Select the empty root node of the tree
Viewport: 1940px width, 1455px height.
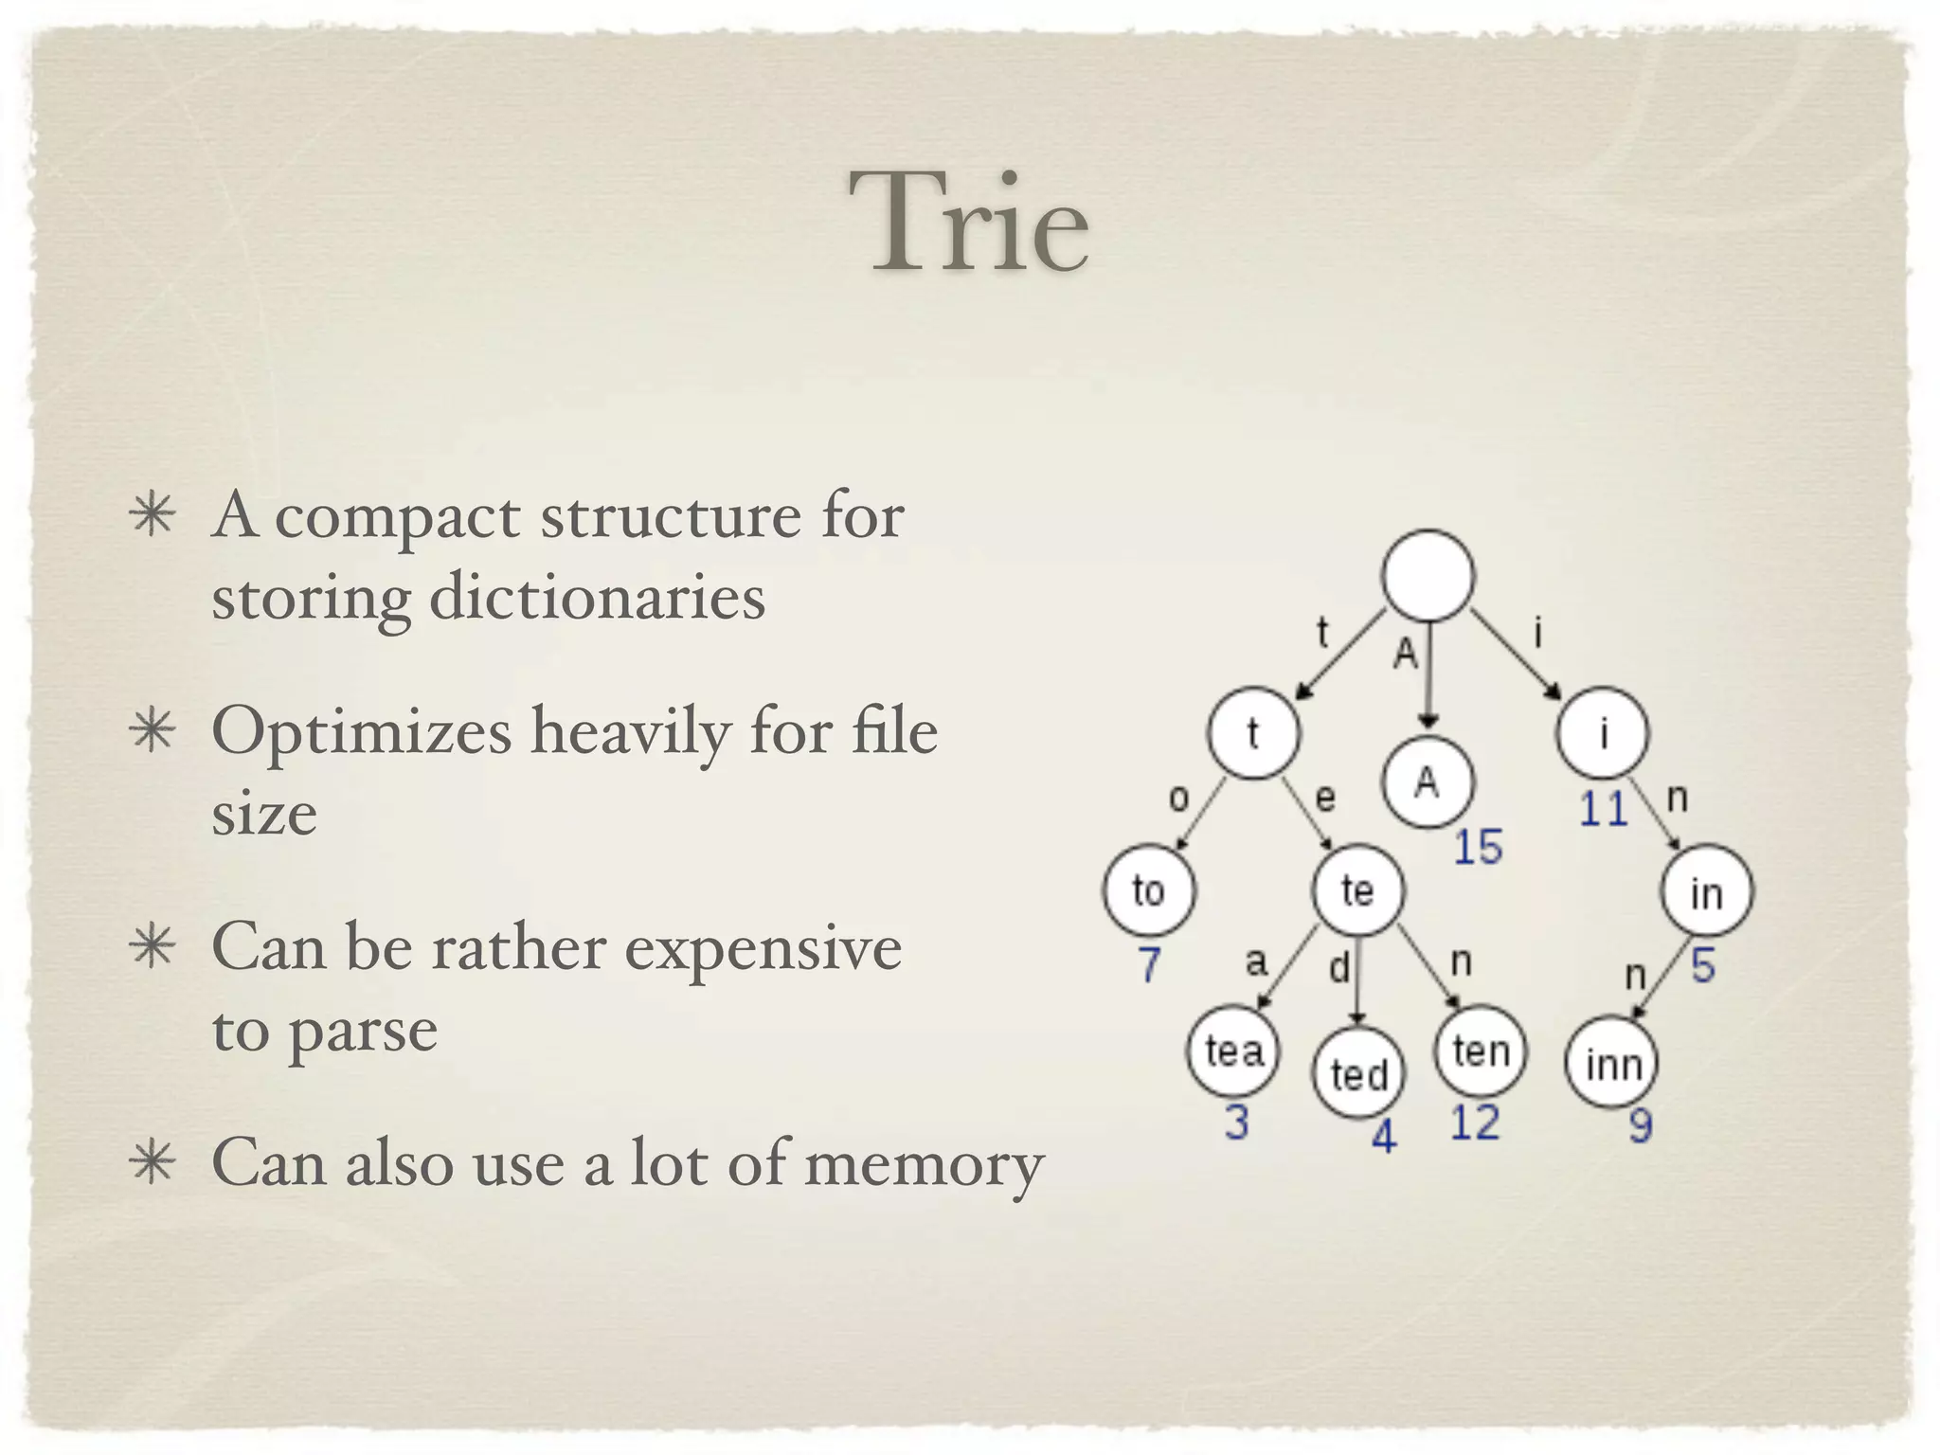1428,575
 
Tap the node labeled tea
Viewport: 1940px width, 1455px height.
1233,1051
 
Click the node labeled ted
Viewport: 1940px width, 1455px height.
1358,1073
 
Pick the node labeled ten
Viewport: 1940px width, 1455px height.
1481,1051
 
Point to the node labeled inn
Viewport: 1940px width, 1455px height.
1612,1064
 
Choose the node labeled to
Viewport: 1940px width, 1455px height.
1149,890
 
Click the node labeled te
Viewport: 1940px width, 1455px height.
1357,890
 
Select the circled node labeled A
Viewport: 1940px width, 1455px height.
1428,782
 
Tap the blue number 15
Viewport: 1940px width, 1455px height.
1478,847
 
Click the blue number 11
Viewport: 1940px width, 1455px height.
1603,810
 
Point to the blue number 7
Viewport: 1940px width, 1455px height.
1149,965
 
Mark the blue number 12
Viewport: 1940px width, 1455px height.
1475,1123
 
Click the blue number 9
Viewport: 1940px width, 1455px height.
1641,1126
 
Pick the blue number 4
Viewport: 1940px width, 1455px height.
1384,1136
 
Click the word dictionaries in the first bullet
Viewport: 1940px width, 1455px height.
597,598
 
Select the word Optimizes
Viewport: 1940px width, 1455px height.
361,732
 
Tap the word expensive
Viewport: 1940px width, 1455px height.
763,947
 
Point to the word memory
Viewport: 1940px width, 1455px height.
924,1163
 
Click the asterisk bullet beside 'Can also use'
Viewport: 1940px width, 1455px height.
153,1162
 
